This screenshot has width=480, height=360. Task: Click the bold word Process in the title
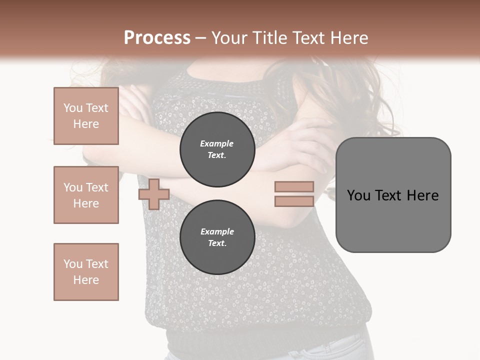157,37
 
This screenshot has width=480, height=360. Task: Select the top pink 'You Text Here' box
86,116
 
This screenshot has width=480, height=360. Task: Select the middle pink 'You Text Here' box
86,195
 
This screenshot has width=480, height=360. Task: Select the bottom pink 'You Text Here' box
86,272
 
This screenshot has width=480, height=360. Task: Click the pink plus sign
154,194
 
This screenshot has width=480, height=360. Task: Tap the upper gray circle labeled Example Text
217,149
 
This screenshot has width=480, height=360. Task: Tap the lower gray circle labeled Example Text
217,237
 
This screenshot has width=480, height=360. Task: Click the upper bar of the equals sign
294,186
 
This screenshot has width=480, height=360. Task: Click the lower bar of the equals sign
294,201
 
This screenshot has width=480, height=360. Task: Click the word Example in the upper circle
216,143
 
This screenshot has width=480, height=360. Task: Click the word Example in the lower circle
217,231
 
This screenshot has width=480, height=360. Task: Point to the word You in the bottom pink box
73,264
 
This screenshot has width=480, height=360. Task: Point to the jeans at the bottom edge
345,350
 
